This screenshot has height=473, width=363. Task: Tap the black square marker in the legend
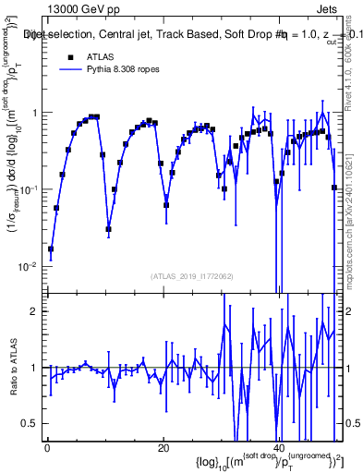(69, 57)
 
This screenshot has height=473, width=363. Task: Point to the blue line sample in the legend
(69, 69)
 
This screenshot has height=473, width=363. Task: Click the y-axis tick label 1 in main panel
(37, 113)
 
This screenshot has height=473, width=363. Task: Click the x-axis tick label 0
(47, 449)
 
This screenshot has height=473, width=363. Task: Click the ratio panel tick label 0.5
(32, 423)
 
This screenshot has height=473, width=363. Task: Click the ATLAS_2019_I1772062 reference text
(190, 276)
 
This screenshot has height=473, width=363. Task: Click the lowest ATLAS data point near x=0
(51, 249)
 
